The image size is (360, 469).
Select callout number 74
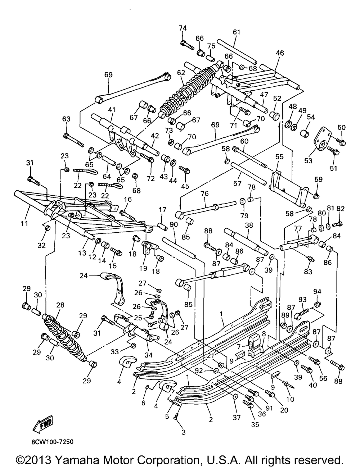pos(183,29)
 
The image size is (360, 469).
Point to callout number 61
pos(236,32)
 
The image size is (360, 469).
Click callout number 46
pos(280,53)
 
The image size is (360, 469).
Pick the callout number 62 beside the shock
pos(181,72)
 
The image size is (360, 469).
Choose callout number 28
pos(60,305)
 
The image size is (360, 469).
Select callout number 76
pos(204,194)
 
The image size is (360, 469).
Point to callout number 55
pos(279,157)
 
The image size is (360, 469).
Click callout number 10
pos(290,399)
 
